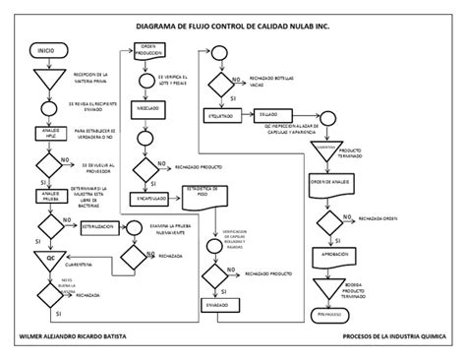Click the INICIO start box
click(x=46, y=49)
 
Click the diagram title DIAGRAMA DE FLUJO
click(x=232, y=29)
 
